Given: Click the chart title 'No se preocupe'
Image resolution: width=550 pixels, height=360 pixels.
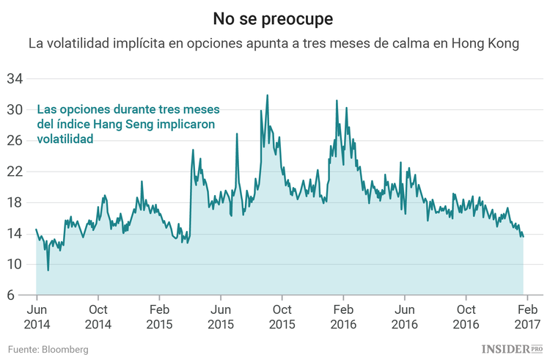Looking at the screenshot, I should (x=275, y=17).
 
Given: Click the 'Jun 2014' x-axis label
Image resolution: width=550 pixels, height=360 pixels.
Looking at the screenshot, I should (x=36, y=317).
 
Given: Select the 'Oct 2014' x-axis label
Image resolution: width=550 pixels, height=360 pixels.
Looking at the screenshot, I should (x=98, y=317).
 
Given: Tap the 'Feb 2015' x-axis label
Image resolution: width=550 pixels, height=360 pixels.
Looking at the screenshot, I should (x=159, y=317).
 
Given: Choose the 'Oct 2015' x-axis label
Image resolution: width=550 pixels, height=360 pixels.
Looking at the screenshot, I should (x=282, y=317).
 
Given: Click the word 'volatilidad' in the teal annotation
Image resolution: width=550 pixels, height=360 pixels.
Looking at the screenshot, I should (x=65, y=139).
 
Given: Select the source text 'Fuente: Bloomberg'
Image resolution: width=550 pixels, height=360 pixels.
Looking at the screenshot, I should (x=49, y=349).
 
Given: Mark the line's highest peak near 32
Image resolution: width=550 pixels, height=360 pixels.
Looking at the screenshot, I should (x=267, y=95).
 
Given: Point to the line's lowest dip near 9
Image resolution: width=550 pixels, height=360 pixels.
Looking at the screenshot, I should (x=48, y=271).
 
